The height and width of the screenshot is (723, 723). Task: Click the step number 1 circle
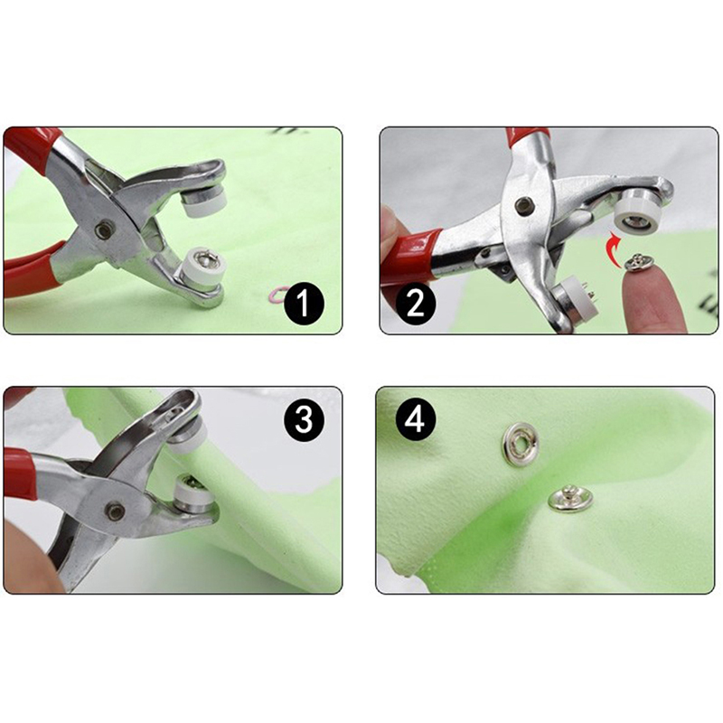[x=304, y=305]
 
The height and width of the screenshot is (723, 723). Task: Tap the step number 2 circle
[x=415, y=305]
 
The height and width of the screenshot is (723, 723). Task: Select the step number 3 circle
[x=304, y=420]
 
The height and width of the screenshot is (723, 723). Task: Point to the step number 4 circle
[x=415, y=420]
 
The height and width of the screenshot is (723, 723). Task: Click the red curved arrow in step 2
[x=614, y=250]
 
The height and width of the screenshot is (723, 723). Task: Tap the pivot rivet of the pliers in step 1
[x=104, y=230]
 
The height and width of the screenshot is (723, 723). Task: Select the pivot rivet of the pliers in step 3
[x=115, y=511]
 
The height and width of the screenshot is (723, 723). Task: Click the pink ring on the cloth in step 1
[x=277, y=294]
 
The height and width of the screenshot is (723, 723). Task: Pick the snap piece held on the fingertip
[x=638, y=263]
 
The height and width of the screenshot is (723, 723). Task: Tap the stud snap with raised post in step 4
[x=570, y=498]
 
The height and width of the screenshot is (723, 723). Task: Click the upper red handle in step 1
[x=32, y=148]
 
